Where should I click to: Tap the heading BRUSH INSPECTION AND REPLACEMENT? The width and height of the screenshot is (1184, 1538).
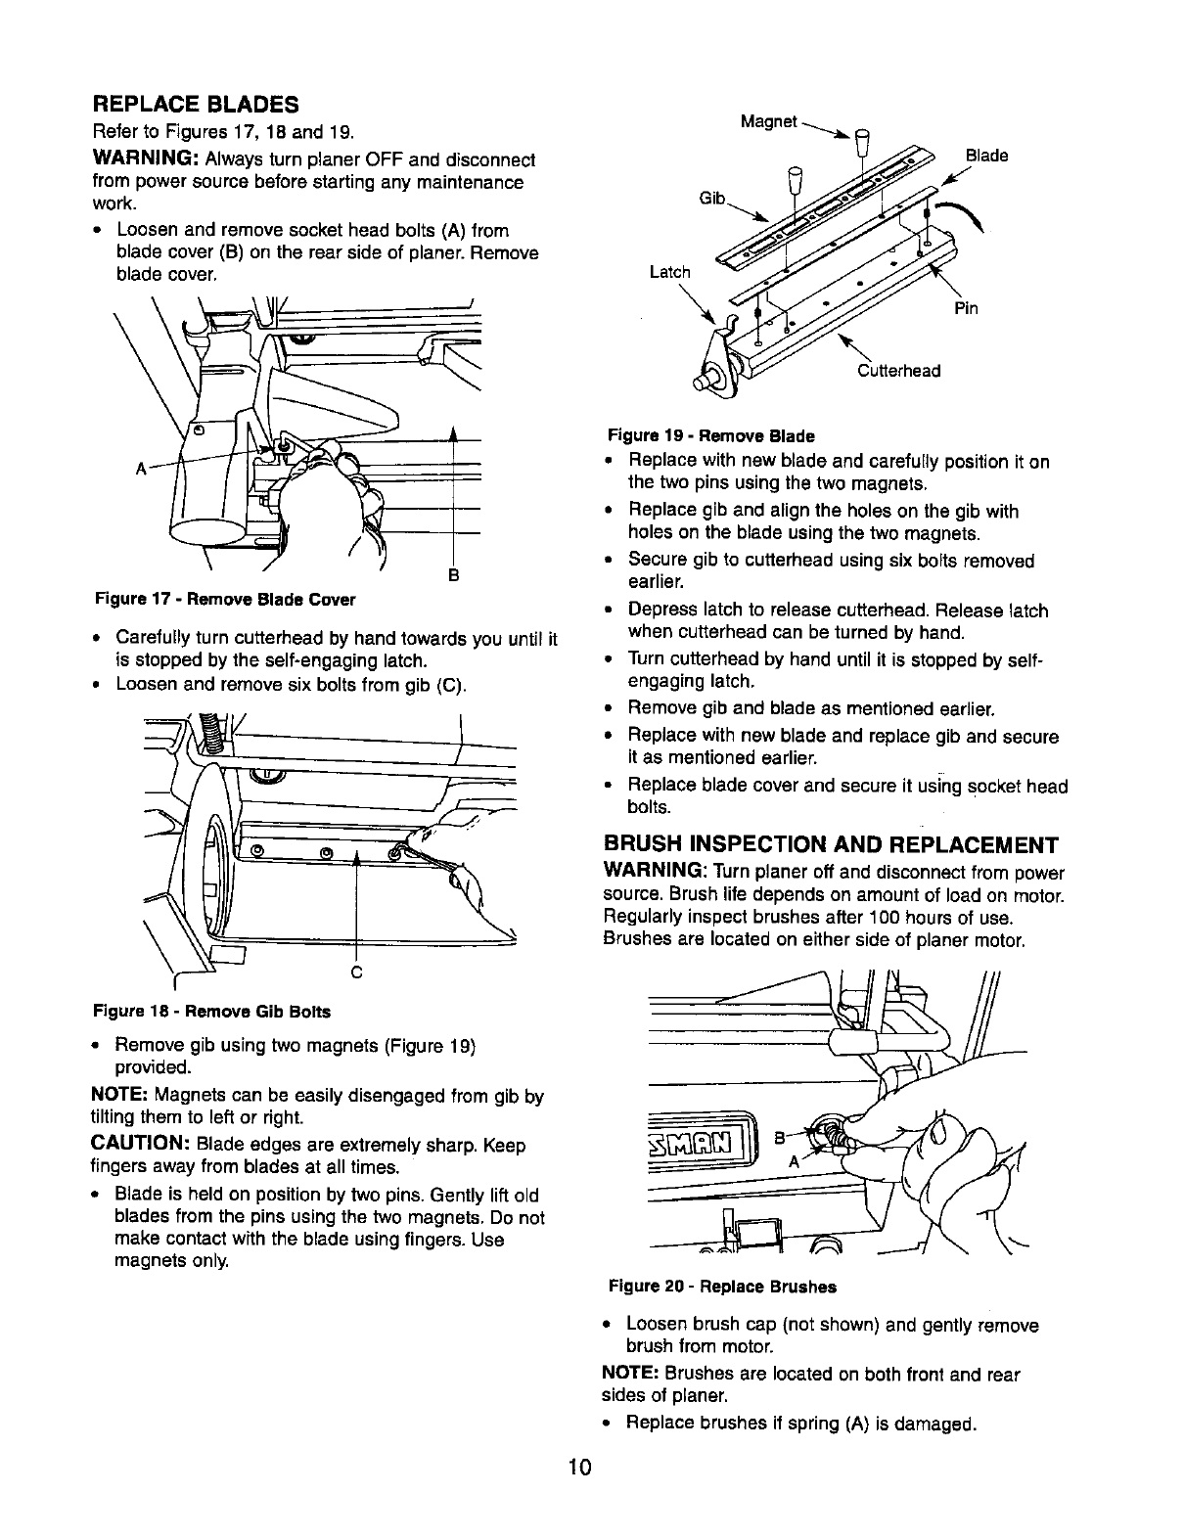point(831,845)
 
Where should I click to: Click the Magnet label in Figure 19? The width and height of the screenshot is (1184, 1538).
point(768,121)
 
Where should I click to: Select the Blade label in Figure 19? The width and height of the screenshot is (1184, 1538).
point(986,156)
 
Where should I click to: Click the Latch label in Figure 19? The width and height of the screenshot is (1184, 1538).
point(669,272)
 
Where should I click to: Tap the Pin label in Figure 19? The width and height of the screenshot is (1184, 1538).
point(967,310)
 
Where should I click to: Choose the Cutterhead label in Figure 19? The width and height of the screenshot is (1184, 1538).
point(898,371)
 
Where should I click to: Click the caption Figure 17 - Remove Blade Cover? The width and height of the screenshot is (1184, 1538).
point(225,599)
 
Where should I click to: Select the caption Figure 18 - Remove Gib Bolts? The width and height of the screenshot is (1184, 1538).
point(211,1011)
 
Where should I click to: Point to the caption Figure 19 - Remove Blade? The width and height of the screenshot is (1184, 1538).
point(710,435)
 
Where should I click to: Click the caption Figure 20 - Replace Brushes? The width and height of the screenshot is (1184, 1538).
point(722,1287)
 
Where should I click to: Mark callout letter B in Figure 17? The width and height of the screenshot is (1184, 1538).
point(454,573)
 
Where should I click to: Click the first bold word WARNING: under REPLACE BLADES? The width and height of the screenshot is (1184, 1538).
point(147,159)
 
